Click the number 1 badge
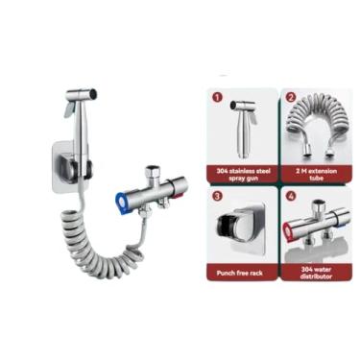pos(217,98)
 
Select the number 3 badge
pos(217,195)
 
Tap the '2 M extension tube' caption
pos(313,175)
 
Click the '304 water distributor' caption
pos(313,272)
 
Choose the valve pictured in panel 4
pos(314,230)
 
